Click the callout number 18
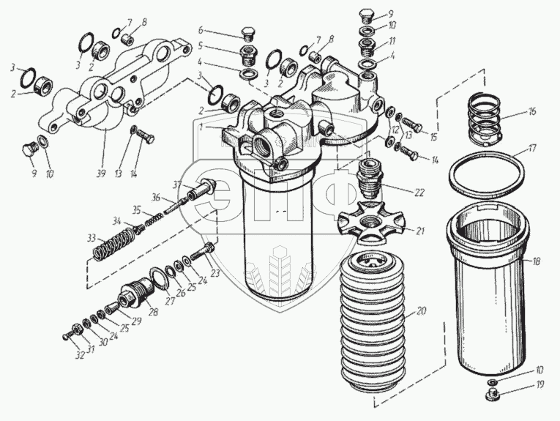[538, 261]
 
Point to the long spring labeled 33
[114, 243]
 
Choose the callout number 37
[177, 183]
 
